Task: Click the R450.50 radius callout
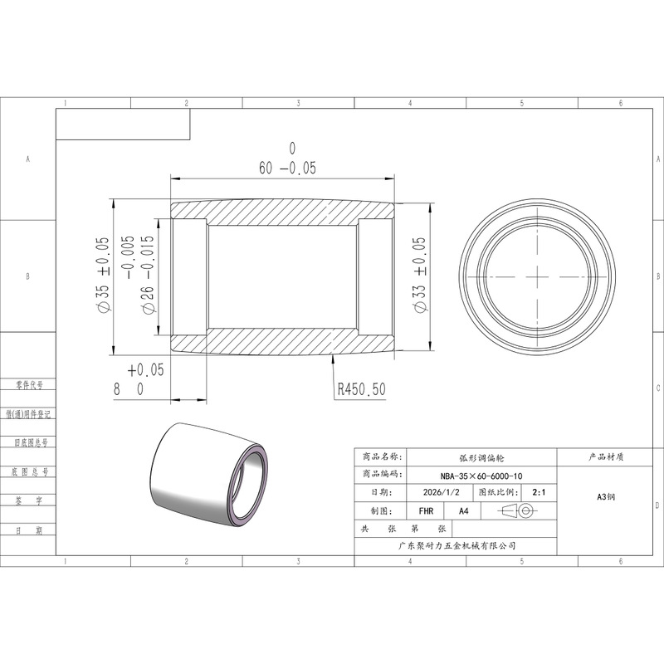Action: coord(362,389)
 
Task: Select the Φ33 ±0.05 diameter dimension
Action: coord(419,275)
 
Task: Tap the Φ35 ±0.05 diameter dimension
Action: coord(103,276)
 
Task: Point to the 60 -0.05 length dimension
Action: coord(287,168)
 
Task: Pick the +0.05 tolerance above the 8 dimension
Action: coord(146,369)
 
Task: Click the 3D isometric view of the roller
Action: coord(209,475)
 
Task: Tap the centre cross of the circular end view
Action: coord(537,277)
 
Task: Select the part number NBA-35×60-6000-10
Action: coord(481,476)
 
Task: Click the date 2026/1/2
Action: coord(442,492)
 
